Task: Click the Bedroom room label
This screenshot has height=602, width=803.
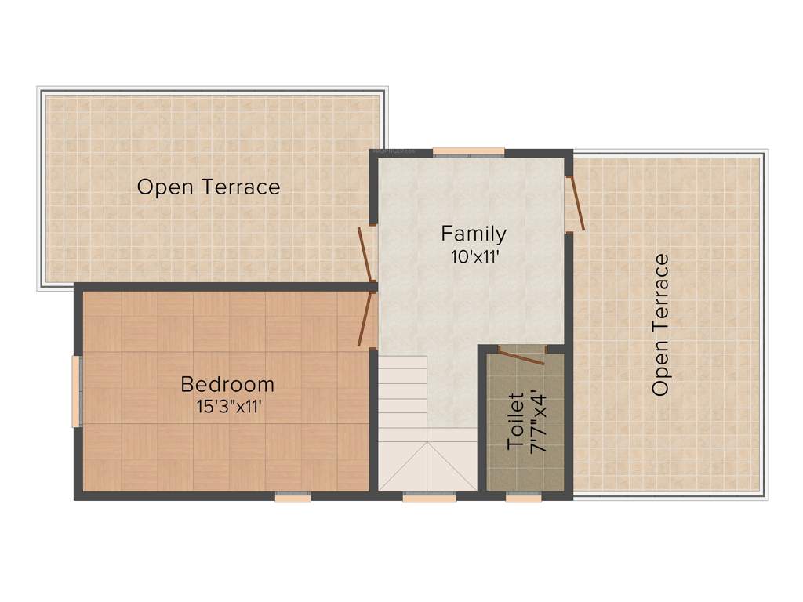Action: click(x=227, y=384)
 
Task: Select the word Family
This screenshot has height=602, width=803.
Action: click(x=473, y=234)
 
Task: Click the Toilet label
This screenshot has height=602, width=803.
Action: click(x=515, y=420)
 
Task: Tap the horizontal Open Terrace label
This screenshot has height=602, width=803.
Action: click(x=209, y=187)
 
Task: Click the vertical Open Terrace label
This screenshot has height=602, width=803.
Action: click(x=661, y=325)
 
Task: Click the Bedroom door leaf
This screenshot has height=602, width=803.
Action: click(x=365, y=318)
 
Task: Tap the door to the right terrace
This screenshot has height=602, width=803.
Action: click(x=578, y=204)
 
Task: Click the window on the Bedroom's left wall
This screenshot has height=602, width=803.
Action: click(x=76, y=391)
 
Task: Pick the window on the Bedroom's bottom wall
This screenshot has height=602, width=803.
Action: click(x=292, y=496)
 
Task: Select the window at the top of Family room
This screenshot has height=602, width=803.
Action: click(x=468, y=151)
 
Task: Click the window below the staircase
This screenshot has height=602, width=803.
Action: click(x=429, y=496)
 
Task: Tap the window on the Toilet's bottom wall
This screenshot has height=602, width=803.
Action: click(x=523, y=496)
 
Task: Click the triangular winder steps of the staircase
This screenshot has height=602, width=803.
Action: click(x=427, y=467)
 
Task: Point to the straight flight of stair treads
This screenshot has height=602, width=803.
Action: click(x=403, y=392)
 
